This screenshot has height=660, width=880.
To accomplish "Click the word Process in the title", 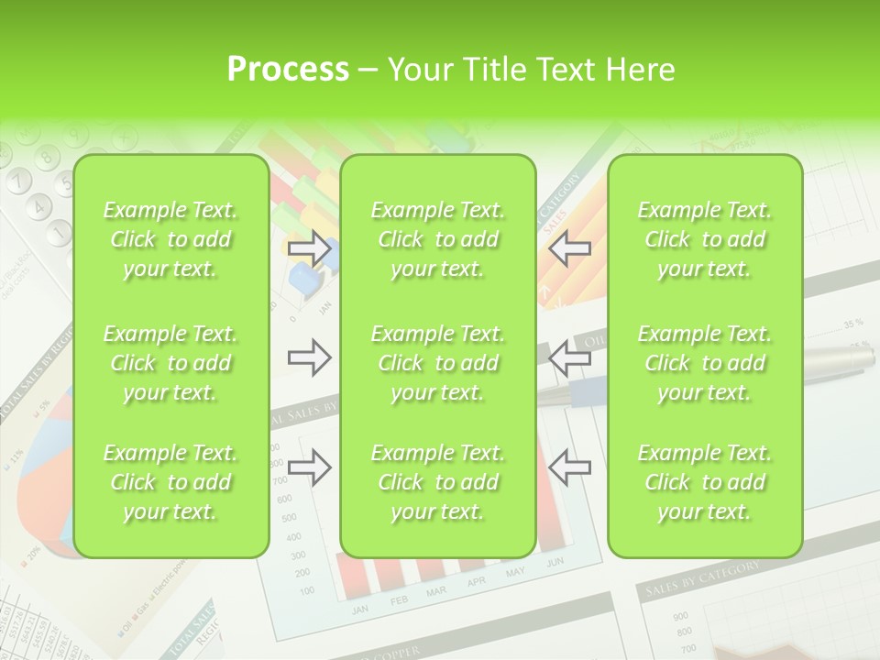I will coord(288,70).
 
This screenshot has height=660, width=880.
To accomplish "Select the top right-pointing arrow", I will coord(310,248).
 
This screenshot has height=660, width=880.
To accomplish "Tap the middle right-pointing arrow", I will coord(310,357).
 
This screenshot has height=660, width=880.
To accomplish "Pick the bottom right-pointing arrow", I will coord(310,467).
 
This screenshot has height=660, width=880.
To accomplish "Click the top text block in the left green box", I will coord(170,239).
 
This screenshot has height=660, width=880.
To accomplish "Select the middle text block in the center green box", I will coord(437,363).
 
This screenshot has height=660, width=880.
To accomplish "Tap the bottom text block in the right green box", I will coord(704,482).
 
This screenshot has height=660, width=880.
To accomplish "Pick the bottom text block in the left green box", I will coord(170,482).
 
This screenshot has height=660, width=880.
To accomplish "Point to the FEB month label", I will coord(400,600).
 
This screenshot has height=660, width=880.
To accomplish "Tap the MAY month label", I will coord(515,573).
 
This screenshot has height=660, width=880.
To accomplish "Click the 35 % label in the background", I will coord(853,324).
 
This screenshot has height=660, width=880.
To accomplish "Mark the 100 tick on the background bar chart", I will coord(306,590).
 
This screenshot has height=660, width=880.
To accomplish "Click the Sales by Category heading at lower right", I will coord(703,580).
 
